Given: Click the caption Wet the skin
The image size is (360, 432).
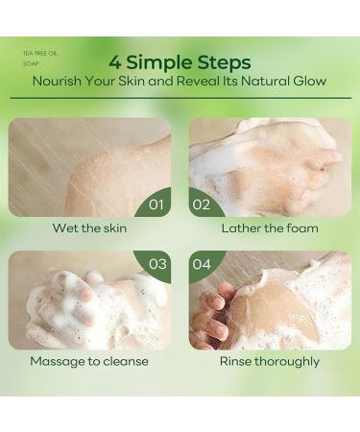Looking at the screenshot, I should pyautogui.click(x=90, y=228).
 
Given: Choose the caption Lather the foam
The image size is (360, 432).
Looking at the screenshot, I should pyautogui.click(x=269, y=228).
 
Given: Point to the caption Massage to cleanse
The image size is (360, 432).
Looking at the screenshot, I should pyautogui.click(x=89, y=362).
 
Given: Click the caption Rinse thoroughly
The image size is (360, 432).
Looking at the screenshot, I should pyautogui.click(x=270, y=362).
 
